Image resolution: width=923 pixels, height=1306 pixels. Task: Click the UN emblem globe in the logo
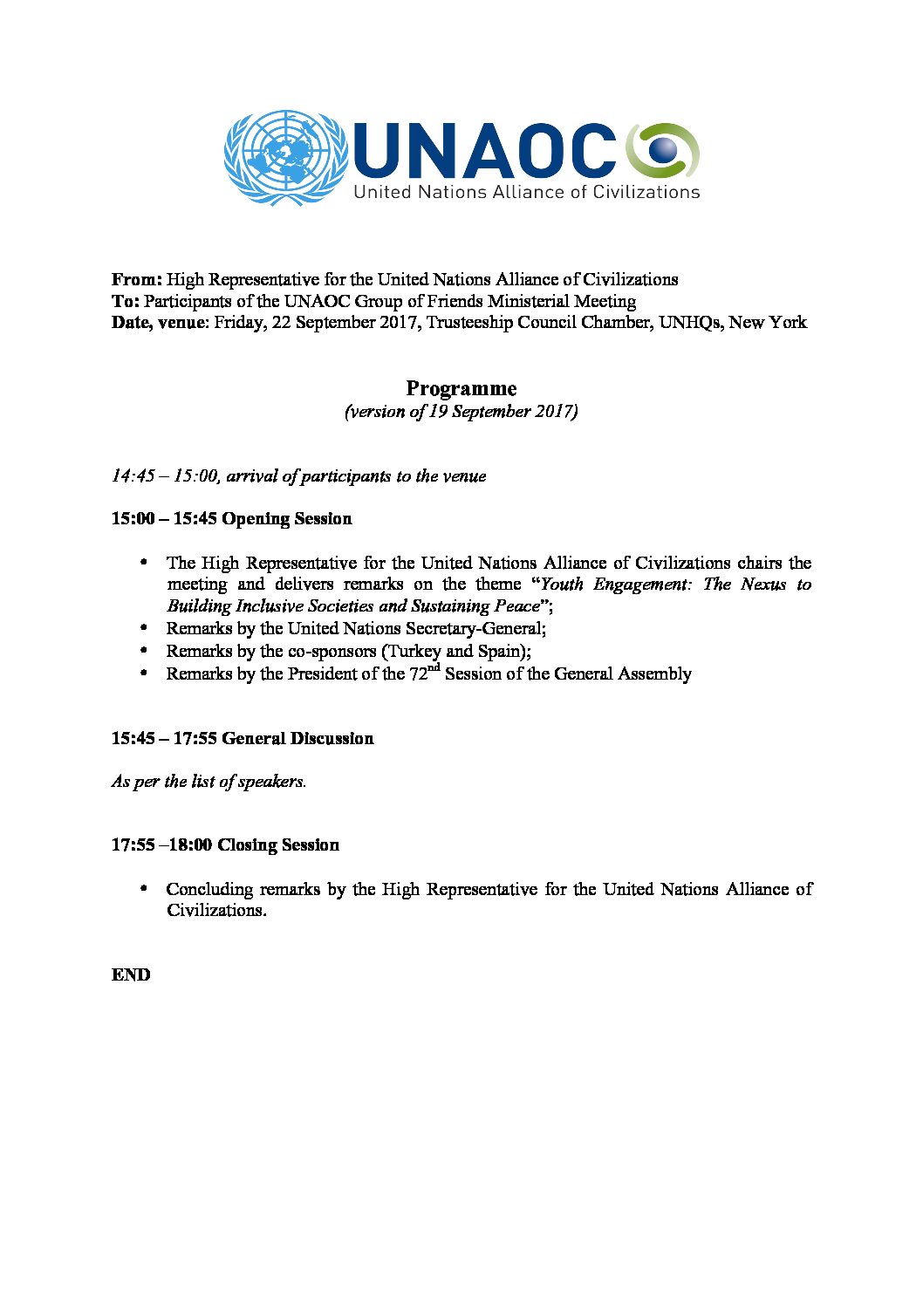coord(281,158)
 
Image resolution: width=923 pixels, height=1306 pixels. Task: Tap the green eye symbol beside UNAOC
coord(663,149)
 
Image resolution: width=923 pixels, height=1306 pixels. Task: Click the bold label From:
coord(137,280)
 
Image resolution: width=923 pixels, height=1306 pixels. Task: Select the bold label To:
coord(125,302)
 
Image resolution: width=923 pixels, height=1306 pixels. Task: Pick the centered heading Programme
coord(461,389)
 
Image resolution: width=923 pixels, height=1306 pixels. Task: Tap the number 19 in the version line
coord(439,412)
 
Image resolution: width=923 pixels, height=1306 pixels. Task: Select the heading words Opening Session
coord(287,519)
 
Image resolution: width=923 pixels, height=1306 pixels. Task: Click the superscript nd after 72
coord(434,668)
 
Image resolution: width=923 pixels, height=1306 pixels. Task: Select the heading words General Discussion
coord(297,739)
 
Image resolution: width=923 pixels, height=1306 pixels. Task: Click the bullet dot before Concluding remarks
coord(143,888)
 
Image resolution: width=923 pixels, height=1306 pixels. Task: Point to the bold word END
coord(131,975)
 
